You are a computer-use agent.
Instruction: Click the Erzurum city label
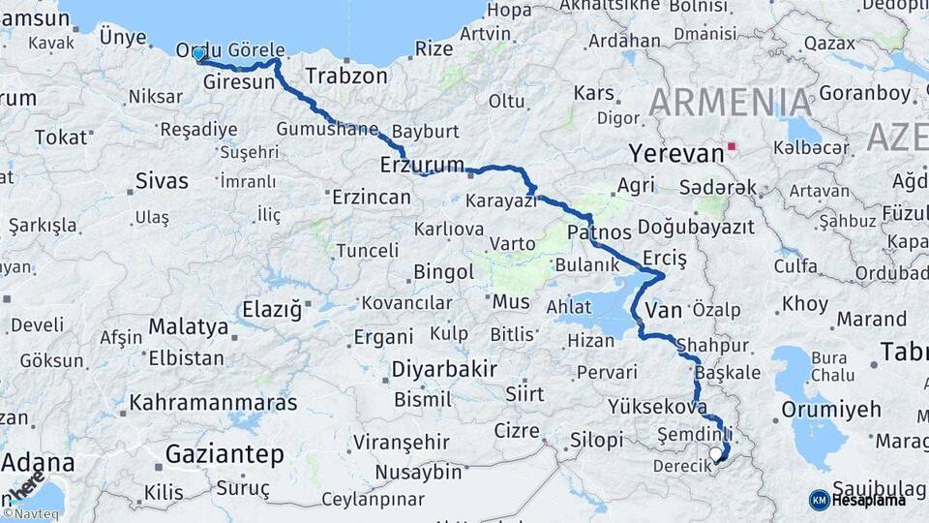(422, 165)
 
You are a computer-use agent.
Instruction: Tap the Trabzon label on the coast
(346, 76)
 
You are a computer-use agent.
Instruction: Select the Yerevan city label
(675, 153)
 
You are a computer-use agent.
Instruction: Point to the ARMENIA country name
(731, 103)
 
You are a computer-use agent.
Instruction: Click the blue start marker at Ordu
(199, 54)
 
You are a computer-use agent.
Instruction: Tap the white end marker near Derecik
(715, 453)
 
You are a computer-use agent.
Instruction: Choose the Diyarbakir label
(444, 369)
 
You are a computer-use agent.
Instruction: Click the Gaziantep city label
(225, 453)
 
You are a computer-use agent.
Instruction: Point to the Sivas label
(162, 180)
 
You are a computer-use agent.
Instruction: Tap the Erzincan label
(371, 198)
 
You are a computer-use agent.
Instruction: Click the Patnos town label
(599, 232)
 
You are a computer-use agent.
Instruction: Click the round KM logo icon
(819, 499)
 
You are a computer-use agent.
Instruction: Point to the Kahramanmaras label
(213, 401)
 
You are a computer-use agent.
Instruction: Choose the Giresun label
(239, 83)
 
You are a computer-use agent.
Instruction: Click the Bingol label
(443, 272)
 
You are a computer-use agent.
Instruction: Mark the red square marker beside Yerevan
(733, 147)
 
